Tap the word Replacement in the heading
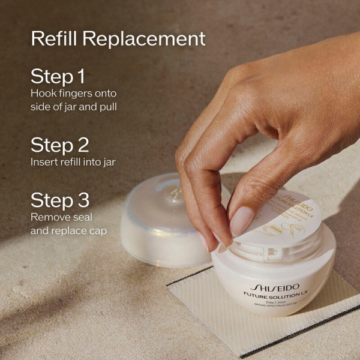(x=143, y=38)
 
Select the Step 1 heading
(x=58, y=77)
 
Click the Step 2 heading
(x=59, y=145)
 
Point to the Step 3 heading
(x=59, y=200)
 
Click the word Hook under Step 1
(x=43, y=94)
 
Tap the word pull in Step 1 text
(x=106, y=107)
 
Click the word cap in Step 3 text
(x=98, y=230)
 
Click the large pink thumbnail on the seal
(x=242, y=221)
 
